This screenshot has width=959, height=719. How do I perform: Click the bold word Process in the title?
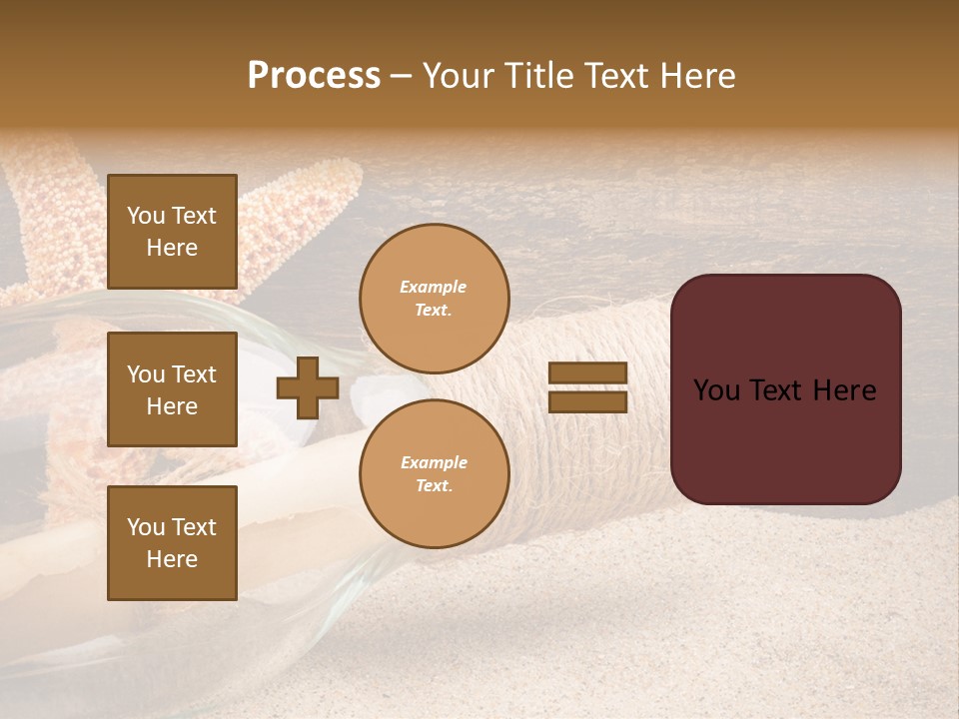click(x=314, y=76)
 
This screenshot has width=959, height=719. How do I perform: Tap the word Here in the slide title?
click(x=696, y=76)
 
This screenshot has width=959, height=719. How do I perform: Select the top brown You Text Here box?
click(x=172, y=232)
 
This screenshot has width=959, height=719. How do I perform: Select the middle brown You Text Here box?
click(x=172, y=389)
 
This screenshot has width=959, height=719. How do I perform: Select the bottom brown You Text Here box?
click(x=172, y=543)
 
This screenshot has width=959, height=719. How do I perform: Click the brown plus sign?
click(x=308, y=387)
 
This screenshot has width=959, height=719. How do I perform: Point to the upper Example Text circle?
click(x=434, y=299)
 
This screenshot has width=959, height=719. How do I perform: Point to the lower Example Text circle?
click(x=434, y=474)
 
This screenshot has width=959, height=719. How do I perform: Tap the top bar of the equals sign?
click(x=587, y=373)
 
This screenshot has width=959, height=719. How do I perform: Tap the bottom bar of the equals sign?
click(x=587, y=401)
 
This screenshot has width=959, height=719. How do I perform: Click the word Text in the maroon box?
click(x=785, y=390)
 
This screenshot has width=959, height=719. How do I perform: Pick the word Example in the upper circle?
click(x=434, y=288)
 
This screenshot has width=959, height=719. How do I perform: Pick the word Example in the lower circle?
click(x=434, y=463)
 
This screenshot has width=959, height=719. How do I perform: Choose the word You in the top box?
click(x=146, y=216)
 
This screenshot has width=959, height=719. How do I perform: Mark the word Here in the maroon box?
click(x=844, y=390)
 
